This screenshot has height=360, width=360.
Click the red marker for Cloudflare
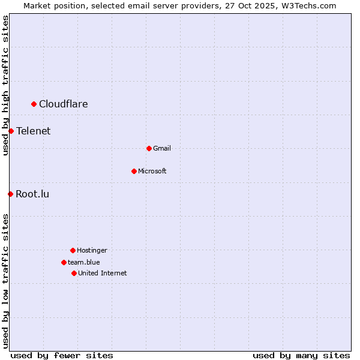pos(34,104)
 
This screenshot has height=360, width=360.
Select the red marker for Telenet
pos(11,131)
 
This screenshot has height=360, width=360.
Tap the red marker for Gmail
pos(149,148)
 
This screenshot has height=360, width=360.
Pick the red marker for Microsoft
pos(134,171)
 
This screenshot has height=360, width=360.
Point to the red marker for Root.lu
pos(10,194)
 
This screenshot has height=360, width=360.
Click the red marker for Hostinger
pos(73,250)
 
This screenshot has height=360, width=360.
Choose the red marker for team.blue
pos(64,262)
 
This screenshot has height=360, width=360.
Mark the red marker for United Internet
pos(74,273)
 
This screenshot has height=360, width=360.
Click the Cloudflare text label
pos(64,104)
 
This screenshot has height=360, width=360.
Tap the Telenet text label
pos(34,131)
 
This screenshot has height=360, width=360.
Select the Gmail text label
pos(162,148)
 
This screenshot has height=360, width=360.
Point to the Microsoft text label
pos(152,171)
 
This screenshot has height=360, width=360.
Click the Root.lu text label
pos(33,194)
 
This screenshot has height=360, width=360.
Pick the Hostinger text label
pos(92,250)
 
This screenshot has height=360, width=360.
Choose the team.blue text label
pos(84,262)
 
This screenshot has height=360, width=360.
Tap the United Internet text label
pos(103,273)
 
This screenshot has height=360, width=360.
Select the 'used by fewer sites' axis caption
pos(62,355)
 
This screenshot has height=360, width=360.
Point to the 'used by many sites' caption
pos(301,355)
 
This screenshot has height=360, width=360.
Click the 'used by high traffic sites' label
pos(5,85)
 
